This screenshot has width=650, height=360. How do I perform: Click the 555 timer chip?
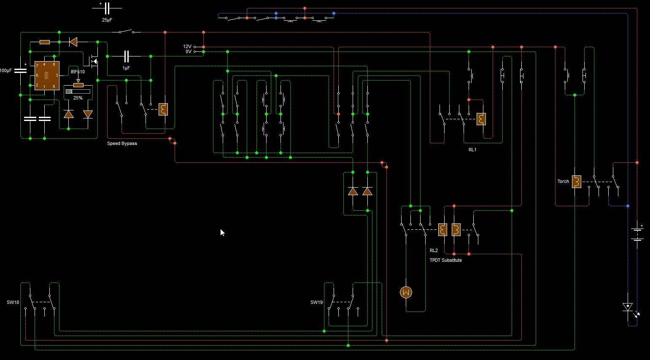pyautogui.click(x=46, y=75)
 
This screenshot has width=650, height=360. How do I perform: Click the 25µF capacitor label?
pyautogui.click(x=107, y=20)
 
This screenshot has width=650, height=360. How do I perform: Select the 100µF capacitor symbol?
pyautogui.click(x=20, y=70)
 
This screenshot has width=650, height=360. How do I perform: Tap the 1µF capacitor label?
pyautogui.click(x=126, y=68)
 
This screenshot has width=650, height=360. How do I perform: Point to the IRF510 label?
pyautogui.click(x=78, y=72)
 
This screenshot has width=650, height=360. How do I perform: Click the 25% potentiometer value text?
pyautogui.click(x=78, y=98)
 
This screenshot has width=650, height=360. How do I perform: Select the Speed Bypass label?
pyautogui.click(x=122, y=143)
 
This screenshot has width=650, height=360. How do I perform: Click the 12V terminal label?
pyautogui.click(x=187, y=47)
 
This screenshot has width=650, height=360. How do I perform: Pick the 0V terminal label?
pyautogui.click(x=188, y=52)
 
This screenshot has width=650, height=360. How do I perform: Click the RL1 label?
pyautogui.click(x=472, y=150)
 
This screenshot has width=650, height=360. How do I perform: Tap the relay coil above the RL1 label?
pyautogui.click(x=481, y=119)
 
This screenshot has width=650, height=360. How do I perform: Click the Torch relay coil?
pyautogui.click(x=577, y=182)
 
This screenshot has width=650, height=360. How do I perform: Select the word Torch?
pyautogui.click(x=563, y=181)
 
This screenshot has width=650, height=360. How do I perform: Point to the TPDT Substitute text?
pyautogui.click(x=445, y=260)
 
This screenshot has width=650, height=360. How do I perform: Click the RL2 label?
pyautogui.click(x=434, y=250)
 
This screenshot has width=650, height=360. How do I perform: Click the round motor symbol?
pyautogui.click(x=406, y=292)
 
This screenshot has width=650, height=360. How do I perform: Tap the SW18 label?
pyautogui.click(x=13, y=302)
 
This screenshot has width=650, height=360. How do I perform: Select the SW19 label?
pyautogui.click(x=316, y=302)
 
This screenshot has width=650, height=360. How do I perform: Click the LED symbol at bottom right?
pyautogui.click(x=628, y=307)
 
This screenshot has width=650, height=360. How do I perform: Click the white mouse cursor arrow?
pyautogui.click(x=222, y=232)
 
